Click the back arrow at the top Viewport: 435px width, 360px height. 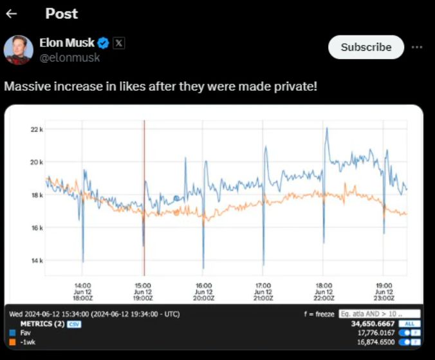(x=12, y=14)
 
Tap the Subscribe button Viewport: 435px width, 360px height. (x=366, y=47)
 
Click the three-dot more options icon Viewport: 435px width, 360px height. (x=417, y=47)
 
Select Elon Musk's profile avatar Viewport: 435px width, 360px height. (x=19, y=50)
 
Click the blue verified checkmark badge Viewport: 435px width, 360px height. (x=103, y=43)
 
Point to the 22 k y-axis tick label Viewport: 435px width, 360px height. (x=37, y=129)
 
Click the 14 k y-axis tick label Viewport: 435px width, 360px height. (x=37, y=260)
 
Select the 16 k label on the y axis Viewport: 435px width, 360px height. (x=37, y=227)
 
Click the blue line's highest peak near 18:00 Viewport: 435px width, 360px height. (x=327, y=129)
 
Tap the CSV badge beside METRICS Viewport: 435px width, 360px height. (x=74, y=324)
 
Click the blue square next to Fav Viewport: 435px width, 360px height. (x=12, y=333)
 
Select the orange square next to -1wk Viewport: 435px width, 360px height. (x=12, y=342)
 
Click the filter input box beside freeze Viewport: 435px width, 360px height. (x=370, y=314)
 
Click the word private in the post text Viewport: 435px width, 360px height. (x=294, y=86)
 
